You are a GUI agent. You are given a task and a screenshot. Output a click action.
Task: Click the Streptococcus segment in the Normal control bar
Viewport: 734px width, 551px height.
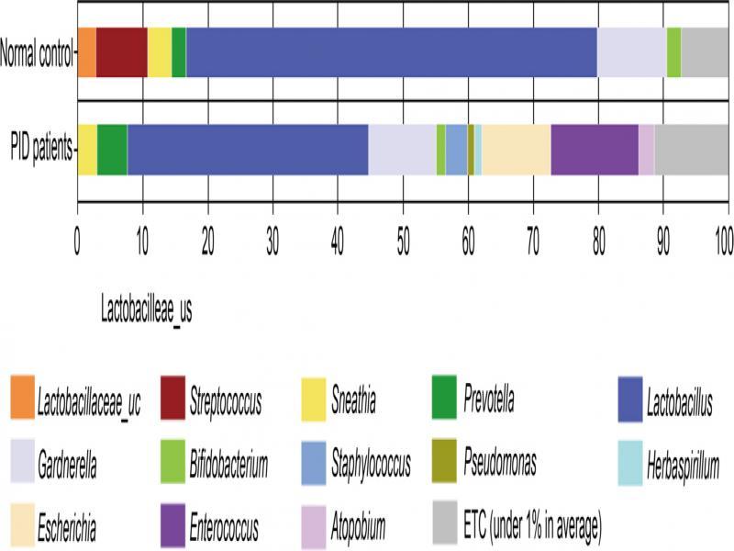click(x=121, y=52)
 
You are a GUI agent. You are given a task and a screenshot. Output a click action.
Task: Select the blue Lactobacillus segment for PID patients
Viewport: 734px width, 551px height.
click(x=248, y=149)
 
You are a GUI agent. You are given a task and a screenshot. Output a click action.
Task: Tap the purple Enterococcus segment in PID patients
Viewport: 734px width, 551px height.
click(x=594, y=149)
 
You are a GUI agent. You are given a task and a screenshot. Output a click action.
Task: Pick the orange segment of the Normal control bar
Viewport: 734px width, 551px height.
click(x=86, y=52)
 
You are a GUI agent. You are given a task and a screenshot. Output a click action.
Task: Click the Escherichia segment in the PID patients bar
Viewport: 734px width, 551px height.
click(x=516, y=149)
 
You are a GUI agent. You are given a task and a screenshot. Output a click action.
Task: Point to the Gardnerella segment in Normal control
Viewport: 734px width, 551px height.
click(x=631, y=52)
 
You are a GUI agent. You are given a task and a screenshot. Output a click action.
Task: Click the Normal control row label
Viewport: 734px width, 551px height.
click(x=37, y=52)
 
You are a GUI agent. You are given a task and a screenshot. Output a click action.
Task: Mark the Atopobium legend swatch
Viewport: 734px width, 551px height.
click(x=319, y=526)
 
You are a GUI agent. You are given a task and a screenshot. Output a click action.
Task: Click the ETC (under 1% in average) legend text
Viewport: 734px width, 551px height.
click(x=532, y=526)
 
